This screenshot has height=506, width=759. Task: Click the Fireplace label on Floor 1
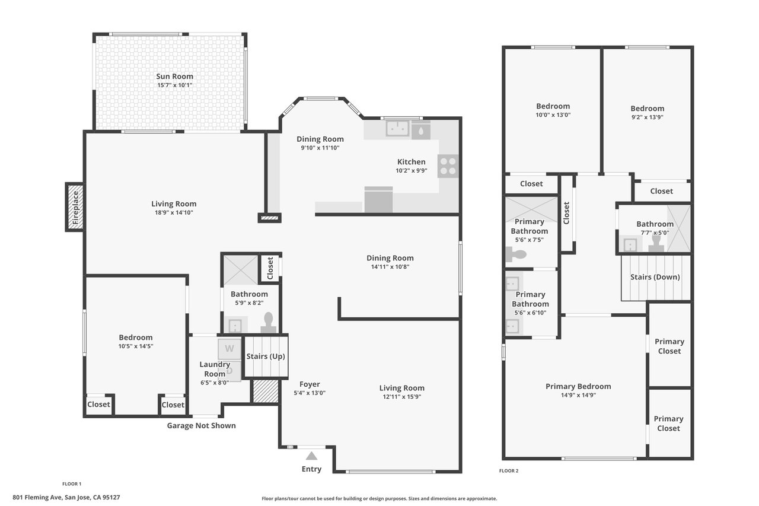click(75, 207)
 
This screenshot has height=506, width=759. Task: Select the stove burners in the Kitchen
click(448, 166)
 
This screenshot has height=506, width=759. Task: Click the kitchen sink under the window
click(397, 129)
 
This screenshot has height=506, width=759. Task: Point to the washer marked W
click(229, 349)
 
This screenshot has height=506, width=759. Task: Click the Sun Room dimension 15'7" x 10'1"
click(174, 85)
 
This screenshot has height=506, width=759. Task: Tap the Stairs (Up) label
click(266, 356)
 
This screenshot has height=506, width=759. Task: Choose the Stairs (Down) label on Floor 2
click(655, 277)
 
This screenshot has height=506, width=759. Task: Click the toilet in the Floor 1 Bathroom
click(269, 323)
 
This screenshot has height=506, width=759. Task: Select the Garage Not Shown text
click(201, 425)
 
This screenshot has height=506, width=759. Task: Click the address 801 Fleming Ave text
click(37, 497)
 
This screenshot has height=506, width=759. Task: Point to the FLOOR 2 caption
click(509, 470)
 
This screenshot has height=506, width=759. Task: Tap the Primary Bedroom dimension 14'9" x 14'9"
click(578, 395)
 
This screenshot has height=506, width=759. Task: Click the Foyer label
click(310, 384)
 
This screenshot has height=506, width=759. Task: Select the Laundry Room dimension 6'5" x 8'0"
click(215, 383)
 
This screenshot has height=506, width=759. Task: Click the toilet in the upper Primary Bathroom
click(516, 254)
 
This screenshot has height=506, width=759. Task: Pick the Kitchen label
click(411, 162)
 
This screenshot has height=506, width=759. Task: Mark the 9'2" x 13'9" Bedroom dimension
click(647, 117)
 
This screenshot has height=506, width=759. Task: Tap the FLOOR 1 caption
click(72, 483)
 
